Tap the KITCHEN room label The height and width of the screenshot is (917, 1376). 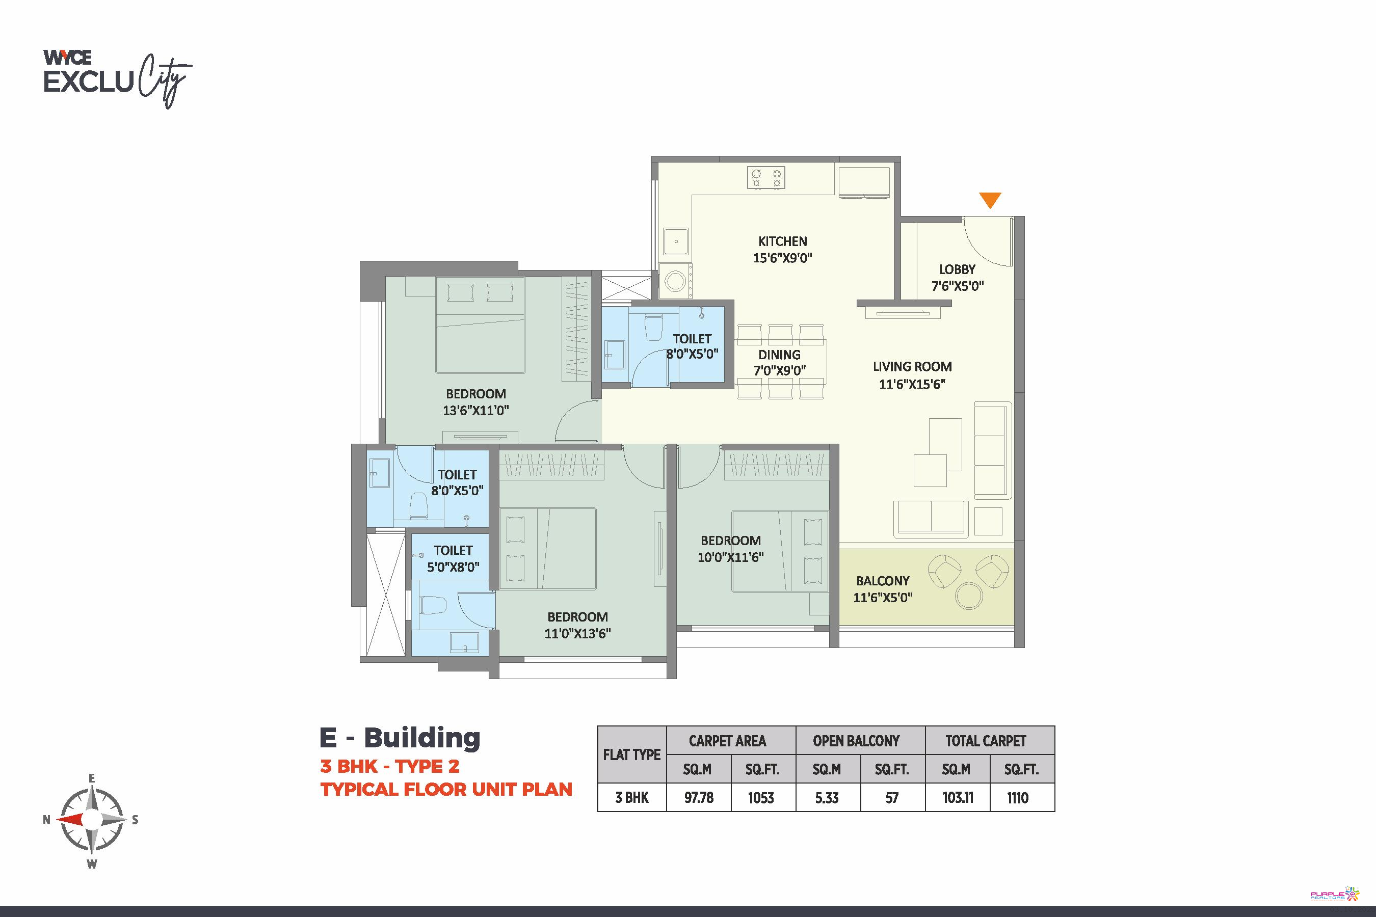(782, 241)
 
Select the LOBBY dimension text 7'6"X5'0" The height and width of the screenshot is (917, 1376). (958, 286)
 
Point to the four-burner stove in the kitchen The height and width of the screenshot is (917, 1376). (766, 178)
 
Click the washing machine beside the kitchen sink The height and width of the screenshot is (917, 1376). (676, 280)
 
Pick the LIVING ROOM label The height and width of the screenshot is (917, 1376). (912, 367)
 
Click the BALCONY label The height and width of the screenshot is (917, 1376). (883, 581)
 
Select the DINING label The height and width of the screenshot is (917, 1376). (779, 355)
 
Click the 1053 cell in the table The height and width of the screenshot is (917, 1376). (760, 798)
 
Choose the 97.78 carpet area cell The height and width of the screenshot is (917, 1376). (699, 798)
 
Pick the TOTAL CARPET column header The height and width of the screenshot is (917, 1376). (986, 741)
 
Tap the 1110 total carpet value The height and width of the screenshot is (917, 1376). (1017, 798)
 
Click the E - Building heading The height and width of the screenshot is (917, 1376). (400, 738)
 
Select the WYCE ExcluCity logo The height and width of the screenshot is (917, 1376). (118, 79)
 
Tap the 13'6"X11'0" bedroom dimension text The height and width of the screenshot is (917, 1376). (475, 411)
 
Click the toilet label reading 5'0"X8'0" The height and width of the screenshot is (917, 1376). (453, 567)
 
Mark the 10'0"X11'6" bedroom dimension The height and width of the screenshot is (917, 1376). (731, 557)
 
